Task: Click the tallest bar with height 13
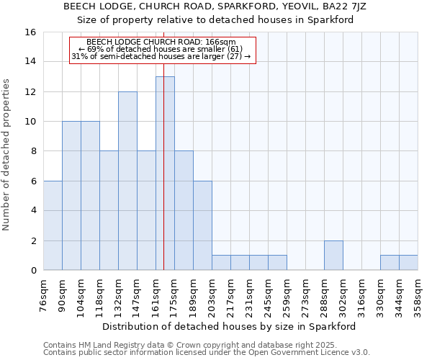pyautogui.click(x=165, y=173)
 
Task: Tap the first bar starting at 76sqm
pyautogui.click(x=53, y=225)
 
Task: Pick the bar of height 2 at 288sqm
pyautogui.click(x=333, y=255)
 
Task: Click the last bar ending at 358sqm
pyautogui.click(x=408, y=263)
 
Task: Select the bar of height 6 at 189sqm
pyautogui.click(x=202, y=225)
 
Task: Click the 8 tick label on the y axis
pyautogui.click(x=32, y=151)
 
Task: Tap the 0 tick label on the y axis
pyautogui.click(x=32, y=271)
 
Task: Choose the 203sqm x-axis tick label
pyautogui.click(x=212, y=295)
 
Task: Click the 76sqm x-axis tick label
pyautogui.click(x=43, y=295)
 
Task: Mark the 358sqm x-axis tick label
pyautogui.click(x=418, y=295)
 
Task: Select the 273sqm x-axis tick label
pyautogui.click(x=305, y=295)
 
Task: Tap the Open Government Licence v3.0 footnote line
pyautogui.click(x=207, y=353)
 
